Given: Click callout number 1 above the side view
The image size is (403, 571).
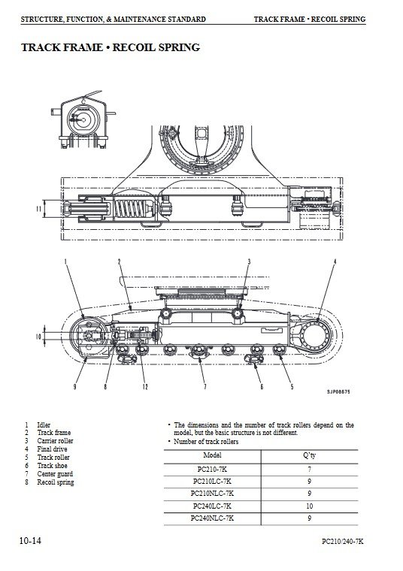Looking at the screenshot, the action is [x=65, y=261].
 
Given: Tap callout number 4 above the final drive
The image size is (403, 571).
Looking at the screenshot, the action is [x=335, y=261].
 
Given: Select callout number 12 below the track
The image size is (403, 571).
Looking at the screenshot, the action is [x=145, y=386].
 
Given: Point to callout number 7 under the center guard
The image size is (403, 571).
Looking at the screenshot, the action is [x=205, y=386].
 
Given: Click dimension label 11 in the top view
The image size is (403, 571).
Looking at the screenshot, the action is [x=39, y=209].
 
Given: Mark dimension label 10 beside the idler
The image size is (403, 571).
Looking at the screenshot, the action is [x=38, y=336].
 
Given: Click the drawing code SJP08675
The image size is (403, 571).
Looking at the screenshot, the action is [x=338, y=392].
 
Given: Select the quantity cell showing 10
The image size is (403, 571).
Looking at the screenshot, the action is [x=309, y=506].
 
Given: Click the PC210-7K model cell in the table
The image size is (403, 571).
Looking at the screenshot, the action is [x=212, y=469].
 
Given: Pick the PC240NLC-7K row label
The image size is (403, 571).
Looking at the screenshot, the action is [x=212, y=518].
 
